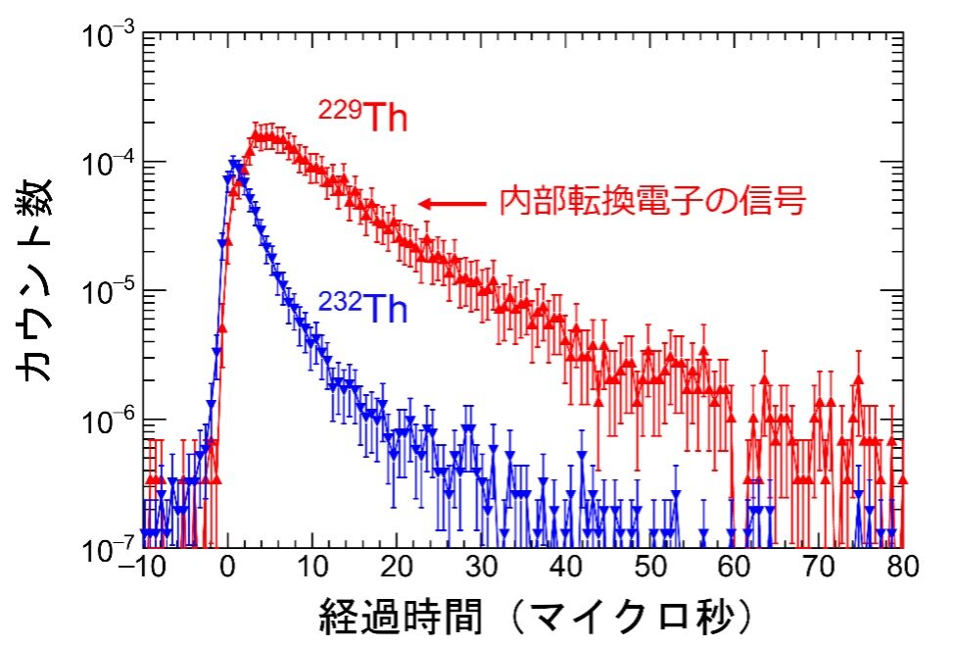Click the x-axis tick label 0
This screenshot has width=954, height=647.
227,569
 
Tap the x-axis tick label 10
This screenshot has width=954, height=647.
311,569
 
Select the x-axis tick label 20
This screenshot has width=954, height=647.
396,569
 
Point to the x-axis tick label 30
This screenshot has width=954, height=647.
480,569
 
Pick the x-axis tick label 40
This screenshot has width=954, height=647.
565,569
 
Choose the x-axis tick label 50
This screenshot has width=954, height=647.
649,569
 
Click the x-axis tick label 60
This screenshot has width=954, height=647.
734,569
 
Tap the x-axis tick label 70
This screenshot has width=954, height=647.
818,569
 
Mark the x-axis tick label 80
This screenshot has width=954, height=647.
902,569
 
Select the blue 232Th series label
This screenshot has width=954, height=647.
362,307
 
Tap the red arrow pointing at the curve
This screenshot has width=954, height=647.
452,204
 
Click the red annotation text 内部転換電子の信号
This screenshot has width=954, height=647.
652,202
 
